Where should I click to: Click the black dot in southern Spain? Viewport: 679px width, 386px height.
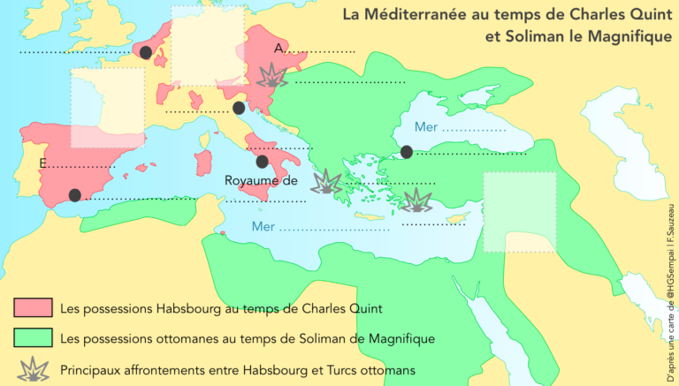[x=75, y=194]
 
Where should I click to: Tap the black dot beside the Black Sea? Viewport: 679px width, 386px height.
[x=406, y=152]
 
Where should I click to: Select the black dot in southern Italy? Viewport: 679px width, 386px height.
[x=262, y=162]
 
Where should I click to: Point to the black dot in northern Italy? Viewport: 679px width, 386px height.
[x=239, y=108]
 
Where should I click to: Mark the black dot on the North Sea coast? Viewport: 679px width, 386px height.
[x=145, y=52]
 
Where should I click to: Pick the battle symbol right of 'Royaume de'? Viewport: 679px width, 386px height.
[x=327, y=182]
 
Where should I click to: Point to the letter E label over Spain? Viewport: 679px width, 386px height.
[x=43, y=164]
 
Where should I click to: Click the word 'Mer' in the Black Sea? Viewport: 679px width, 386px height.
[x=427, y=127]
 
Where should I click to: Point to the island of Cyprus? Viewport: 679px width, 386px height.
[x=456, y=218]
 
